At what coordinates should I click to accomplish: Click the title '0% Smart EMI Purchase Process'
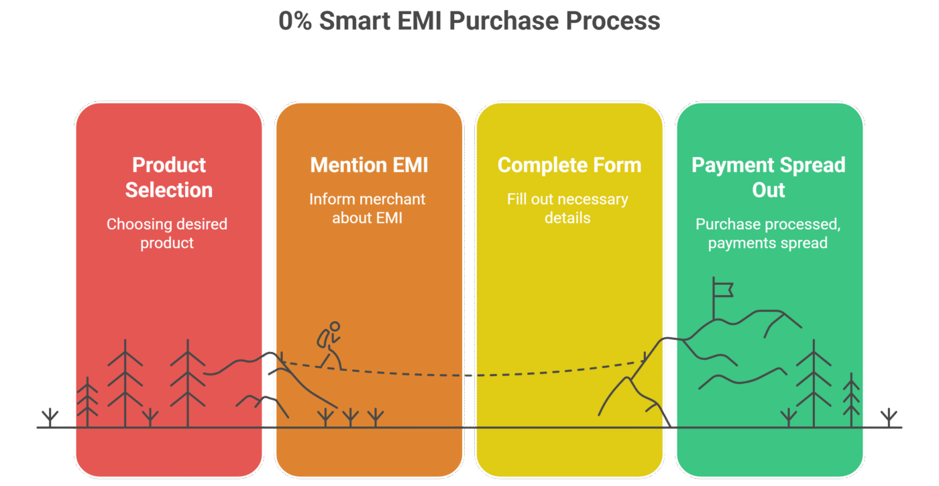click(x=469, y=21)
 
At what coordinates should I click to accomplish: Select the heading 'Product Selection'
click(x=169, y=178)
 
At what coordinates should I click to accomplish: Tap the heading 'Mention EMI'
click(x=369, y=165)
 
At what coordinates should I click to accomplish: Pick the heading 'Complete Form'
click(x=569, y=165)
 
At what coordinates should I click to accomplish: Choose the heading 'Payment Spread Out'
click(x=768, y=178)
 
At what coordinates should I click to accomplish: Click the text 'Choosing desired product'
click(x=167, y=233)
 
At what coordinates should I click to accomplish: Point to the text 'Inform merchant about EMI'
click(x=368, y=208)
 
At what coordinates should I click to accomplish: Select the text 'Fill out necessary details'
click(x=567, y=208)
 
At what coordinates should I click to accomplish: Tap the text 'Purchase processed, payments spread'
click(x=768, y=233)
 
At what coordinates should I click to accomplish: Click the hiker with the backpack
click(x=329, y=345)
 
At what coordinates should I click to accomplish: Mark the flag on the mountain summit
click(x=722, y=289)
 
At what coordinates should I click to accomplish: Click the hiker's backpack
click(x=323, y=339)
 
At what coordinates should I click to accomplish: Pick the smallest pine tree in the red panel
click(x=87, y=402)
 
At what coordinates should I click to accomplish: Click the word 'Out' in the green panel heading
click(x=768, y=190)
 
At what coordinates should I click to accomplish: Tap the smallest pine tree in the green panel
click(x=851, y=400)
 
